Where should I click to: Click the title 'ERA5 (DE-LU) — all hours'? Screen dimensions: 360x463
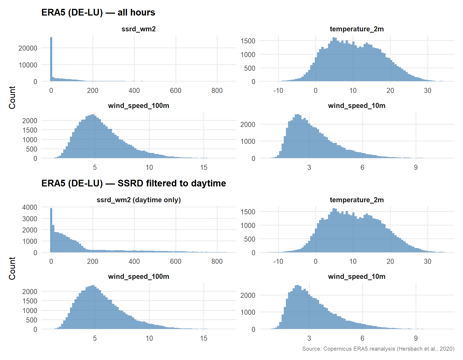click(98, 13)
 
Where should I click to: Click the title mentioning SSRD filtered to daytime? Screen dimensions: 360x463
click(133, 183)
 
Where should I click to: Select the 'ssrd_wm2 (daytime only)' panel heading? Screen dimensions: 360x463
click(139, 200)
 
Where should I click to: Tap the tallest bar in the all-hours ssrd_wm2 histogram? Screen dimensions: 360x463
click(51, 59)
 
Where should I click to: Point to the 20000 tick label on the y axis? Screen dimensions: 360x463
click(28, 48)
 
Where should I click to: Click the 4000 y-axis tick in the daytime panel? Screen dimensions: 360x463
click(30, 207)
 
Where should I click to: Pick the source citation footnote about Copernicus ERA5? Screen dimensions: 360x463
click(378, 349)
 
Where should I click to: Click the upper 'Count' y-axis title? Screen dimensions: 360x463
click(12, 97)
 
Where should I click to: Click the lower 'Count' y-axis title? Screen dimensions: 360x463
click(12, 268)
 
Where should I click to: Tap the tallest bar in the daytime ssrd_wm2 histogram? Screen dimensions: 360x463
click(51, 230)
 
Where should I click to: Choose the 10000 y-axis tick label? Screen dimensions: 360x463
click(28, 65)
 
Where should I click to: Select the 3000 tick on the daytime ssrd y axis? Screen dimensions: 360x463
click(30, 219)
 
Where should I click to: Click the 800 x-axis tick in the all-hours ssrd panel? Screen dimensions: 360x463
click(217, 91)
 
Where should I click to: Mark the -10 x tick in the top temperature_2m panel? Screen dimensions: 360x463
click(278, 91)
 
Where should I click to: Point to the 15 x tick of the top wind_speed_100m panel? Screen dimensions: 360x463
click(204, 167)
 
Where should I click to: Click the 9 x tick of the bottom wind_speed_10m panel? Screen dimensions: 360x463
click(416, 338)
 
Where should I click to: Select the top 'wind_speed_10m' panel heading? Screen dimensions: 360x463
click(357, 106)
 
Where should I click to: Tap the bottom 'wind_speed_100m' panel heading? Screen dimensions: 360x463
click(139, 277)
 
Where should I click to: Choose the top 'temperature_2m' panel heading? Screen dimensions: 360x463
click(357, 29)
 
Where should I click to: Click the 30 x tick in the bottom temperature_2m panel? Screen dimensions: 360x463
click(427, 261)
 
